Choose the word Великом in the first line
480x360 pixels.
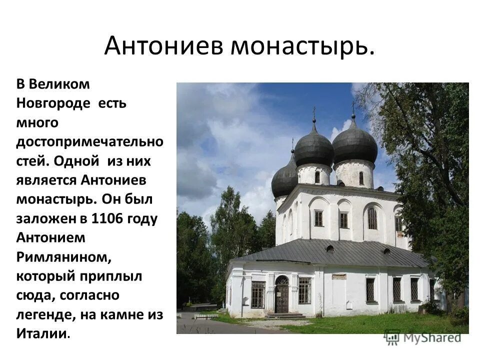click(x=59, y=84)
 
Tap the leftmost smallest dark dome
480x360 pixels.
click(x=284, y=178)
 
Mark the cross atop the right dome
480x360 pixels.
click(x=353, y=107)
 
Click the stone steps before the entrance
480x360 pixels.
click(x=284, y=316)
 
